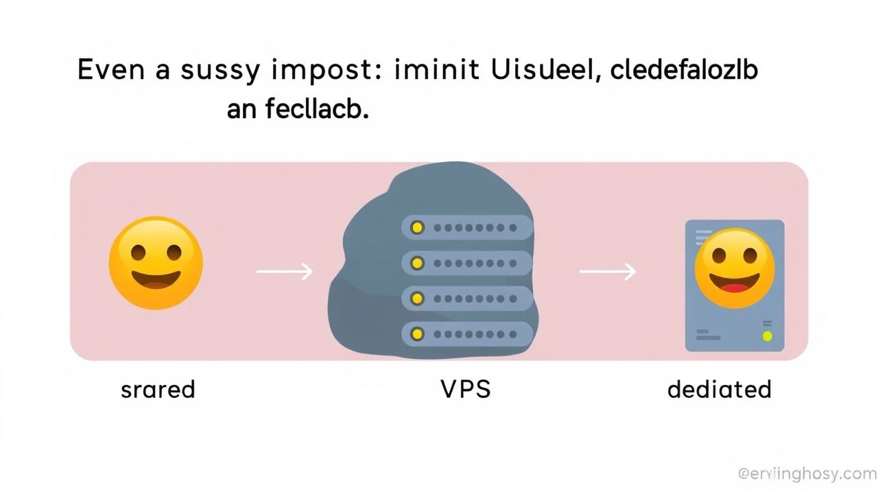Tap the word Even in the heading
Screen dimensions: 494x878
point(113,71)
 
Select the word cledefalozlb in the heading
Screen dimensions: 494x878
point(683,71)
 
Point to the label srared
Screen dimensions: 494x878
point(158,390)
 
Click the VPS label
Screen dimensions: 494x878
point(465,390)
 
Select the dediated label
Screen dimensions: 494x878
point(719,390)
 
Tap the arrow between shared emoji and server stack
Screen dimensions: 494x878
point(284,272)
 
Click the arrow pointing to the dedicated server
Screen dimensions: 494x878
point(607,272)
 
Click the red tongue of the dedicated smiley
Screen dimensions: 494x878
point(735,286)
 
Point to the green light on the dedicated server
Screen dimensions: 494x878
point(767,336)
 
